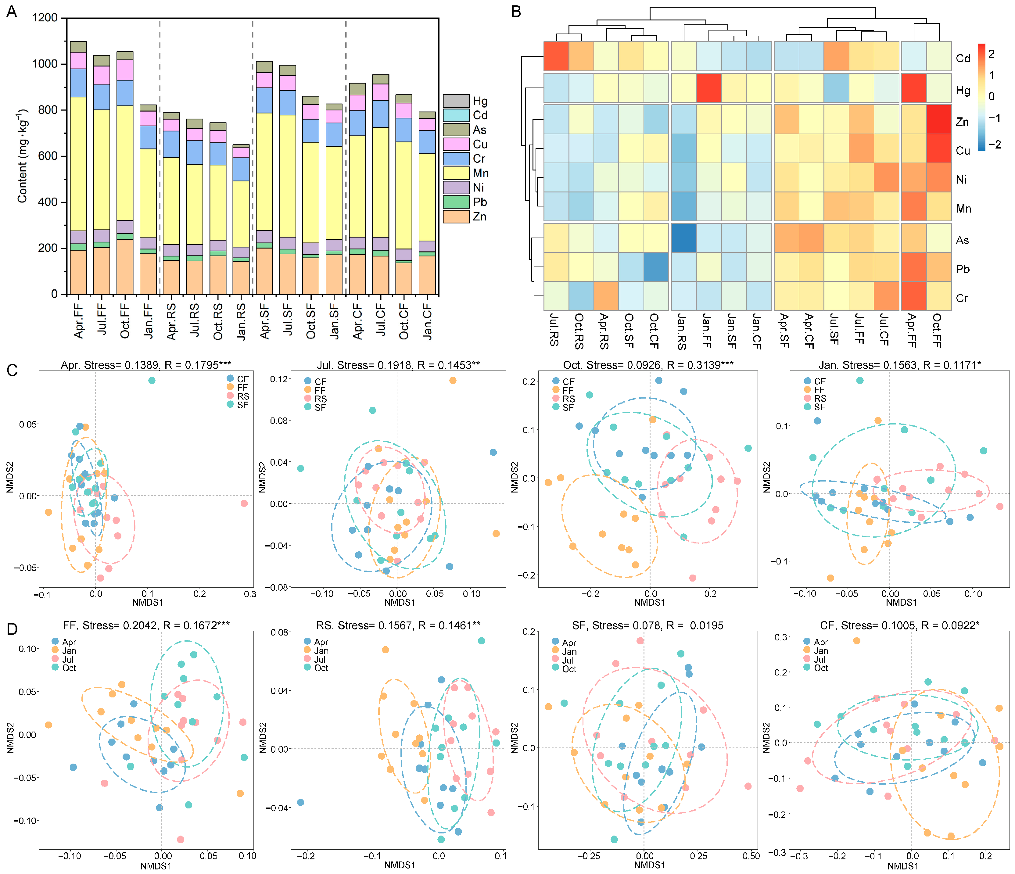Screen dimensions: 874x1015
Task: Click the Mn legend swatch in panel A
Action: click(x=456, y=173)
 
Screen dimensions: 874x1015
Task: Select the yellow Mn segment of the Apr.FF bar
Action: click(x=78, y=164)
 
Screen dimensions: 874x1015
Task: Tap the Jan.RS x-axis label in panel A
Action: click(x=241, y=322)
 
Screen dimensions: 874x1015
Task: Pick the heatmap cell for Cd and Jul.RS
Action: click(x=556, y=56)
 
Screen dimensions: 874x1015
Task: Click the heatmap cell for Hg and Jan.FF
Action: click(x=708, y=88)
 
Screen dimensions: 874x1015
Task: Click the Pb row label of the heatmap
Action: click(x=962, y=269)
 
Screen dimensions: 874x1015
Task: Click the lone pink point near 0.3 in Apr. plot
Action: click(x=244, y=503)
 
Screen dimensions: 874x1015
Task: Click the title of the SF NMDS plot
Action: click(x=647, y=626)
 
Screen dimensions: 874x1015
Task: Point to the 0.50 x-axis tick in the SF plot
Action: click(x=751, y=856)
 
